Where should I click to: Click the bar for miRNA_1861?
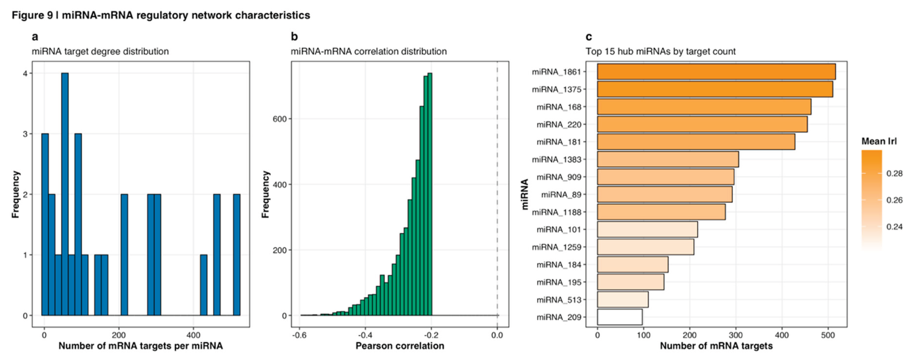point(716,72)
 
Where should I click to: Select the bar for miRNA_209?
point(620,317)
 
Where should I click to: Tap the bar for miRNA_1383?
point(668,159)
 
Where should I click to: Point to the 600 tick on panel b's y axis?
point(279,119)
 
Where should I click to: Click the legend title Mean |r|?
point(879,141)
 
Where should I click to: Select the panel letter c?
point(589,37)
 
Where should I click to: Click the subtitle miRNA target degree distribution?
point(100,52)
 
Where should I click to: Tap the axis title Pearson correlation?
point(400,346)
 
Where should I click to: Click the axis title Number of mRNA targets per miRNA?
point(141,346)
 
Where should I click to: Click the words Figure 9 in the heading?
point(32,15)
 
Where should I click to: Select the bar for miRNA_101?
point(647,229)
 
